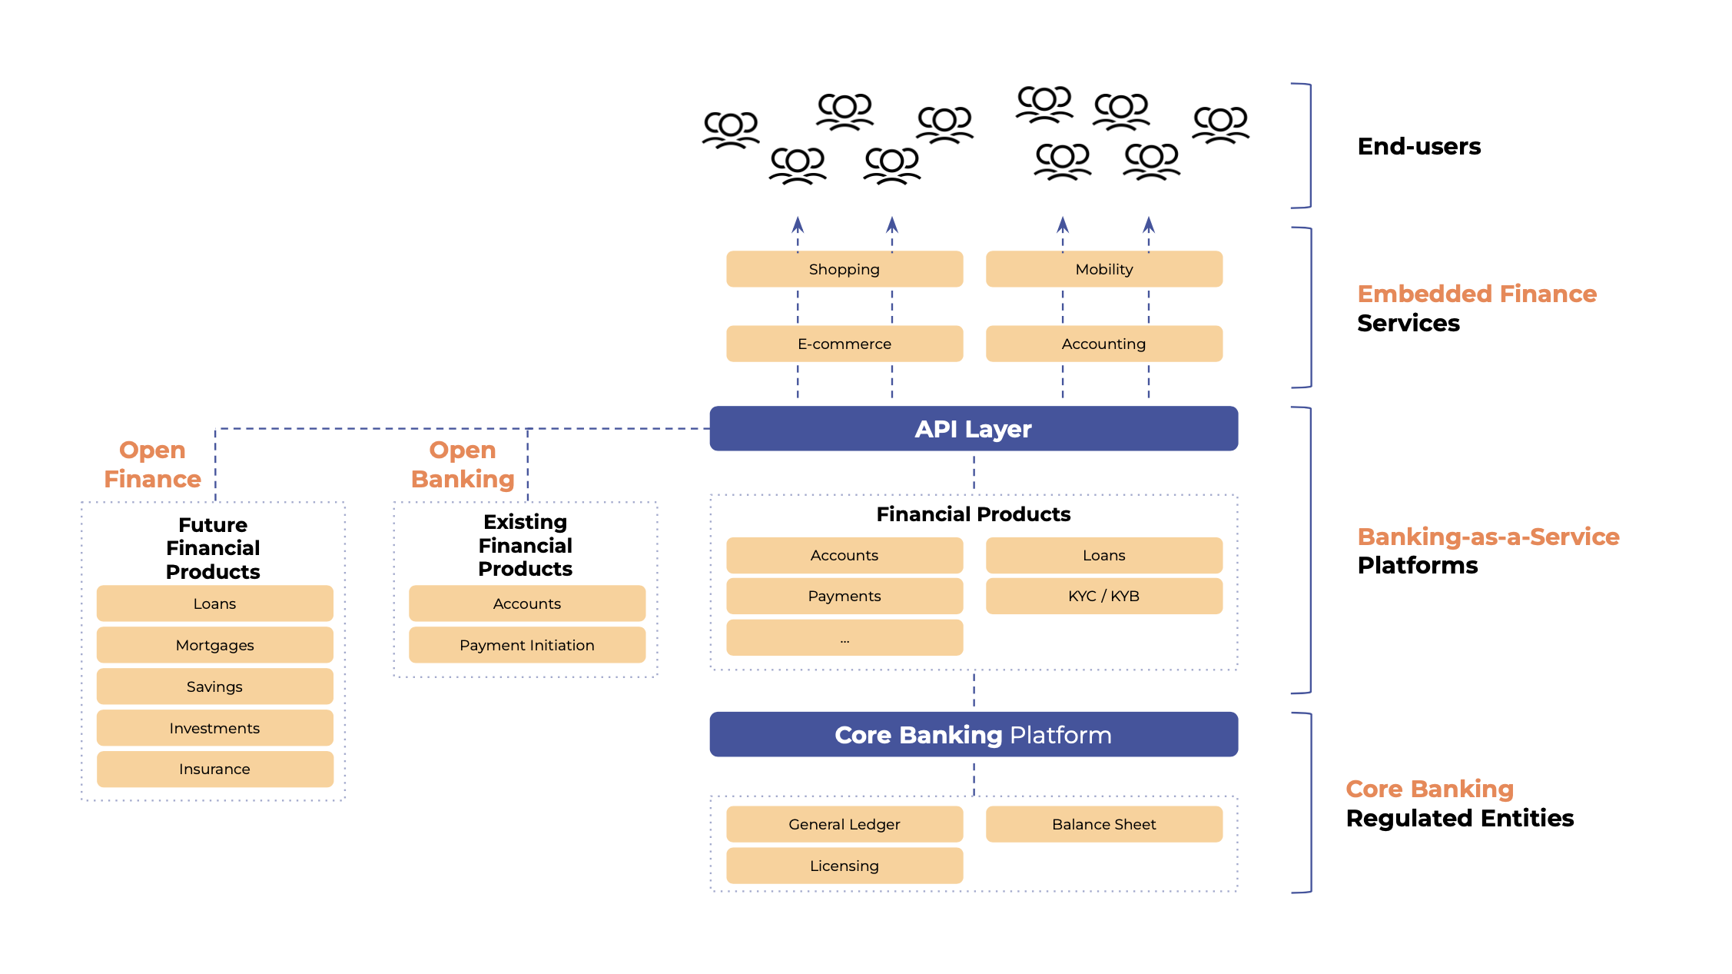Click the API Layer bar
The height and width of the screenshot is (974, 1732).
pos(973,428)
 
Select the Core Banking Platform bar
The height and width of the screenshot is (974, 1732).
pos(973,734)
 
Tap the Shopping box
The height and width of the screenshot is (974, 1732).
pos(844,269)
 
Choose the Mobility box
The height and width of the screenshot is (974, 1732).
pos(1103,269)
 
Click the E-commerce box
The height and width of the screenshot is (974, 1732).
pos(844,344)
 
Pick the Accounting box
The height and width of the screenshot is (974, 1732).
pos(1103,344)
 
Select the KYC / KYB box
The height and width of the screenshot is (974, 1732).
pos(1103,596)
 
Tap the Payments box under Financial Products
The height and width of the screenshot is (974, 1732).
pos(844,596)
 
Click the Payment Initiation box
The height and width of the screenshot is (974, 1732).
pos(526,645)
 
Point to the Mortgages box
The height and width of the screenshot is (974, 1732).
pos(214,645)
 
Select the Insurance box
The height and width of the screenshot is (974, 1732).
pos(214,769)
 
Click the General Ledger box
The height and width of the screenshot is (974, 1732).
pos(844,824)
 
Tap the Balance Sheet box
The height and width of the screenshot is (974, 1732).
pos(1103,824)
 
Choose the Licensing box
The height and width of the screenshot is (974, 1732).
pos(844,866)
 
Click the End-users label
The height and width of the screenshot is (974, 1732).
pos(1418,146)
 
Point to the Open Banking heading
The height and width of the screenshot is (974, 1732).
pos(462,464)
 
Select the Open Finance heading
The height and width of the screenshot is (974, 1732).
pos(152,464)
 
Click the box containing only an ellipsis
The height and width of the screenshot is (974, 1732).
pos(844,638)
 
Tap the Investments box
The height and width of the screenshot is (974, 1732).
pos(214,728)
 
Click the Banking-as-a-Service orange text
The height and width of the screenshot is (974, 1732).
pos(1488,536)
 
